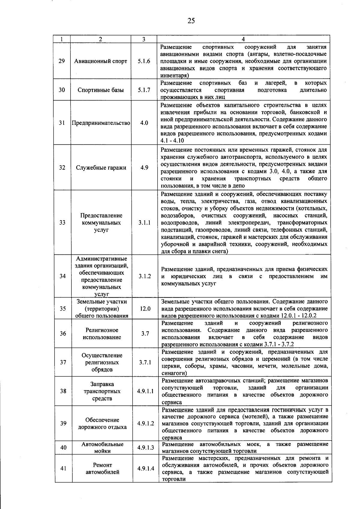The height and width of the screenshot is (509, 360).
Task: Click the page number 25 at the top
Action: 191,21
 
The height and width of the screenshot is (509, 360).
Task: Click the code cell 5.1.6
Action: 144,61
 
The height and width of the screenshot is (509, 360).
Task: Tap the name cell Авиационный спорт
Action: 101,61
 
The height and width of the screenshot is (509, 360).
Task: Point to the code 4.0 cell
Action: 144,123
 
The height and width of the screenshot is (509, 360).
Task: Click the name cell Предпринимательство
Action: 101,123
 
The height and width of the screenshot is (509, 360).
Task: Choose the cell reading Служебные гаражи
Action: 101,168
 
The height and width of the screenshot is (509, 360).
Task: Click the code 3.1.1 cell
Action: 144,223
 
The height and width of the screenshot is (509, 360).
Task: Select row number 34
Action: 62,276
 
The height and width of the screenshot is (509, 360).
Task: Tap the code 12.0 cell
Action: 145,309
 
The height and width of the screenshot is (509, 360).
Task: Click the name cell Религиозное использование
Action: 102,334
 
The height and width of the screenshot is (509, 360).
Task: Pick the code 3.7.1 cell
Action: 145,362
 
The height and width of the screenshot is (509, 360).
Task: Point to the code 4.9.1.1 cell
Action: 145,391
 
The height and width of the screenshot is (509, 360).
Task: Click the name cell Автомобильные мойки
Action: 102,447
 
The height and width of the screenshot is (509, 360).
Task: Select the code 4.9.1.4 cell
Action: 146,468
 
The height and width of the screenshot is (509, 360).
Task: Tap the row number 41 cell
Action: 63,468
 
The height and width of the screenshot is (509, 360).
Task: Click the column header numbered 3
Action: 144,39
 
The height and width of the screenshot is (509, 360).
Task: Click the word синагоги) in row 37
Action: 174,373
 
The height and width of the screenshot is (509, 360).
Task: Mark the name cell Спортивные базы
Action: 101,90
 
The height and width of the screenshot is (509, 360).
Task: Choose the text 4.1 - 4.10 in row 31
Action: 172,141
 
